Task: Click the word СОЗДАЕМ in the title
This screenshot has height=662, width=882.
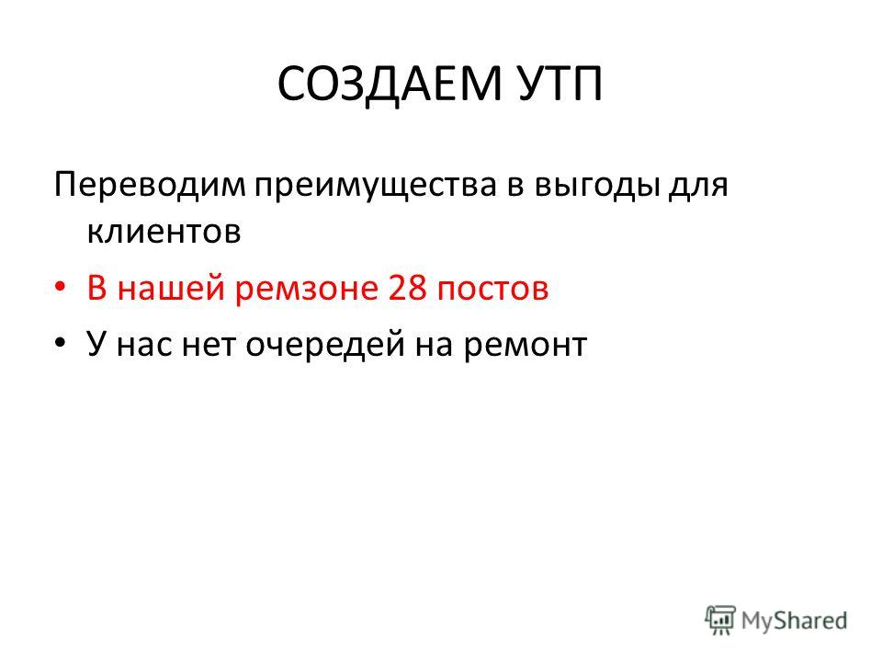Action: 389,85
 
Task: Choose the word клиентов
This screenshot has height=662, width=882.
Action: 164,232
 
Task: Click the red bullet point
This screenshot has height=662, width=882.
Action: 61,288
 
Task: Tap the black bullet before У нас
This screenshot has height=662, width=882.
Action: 61,343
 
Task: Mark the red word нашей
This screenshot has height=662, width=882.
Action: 171,288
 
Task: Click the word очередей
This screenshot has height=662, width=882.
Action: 325,346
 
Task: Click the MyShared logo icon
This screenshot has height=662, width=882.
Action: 720,620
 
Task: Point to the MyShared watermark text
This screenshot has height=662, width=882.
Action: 794,621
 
